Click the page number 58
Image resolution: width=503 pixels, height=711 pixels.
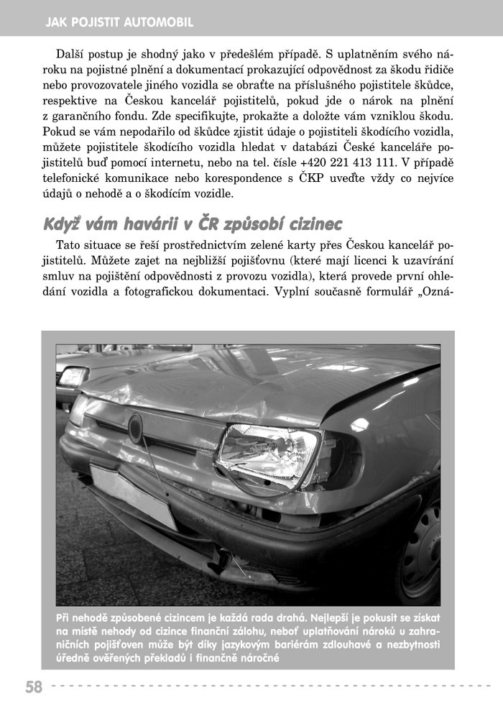tap(34, 687)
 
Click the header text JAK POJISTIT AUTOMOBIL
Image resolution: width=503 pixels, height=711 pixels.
tap(119, 22)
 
